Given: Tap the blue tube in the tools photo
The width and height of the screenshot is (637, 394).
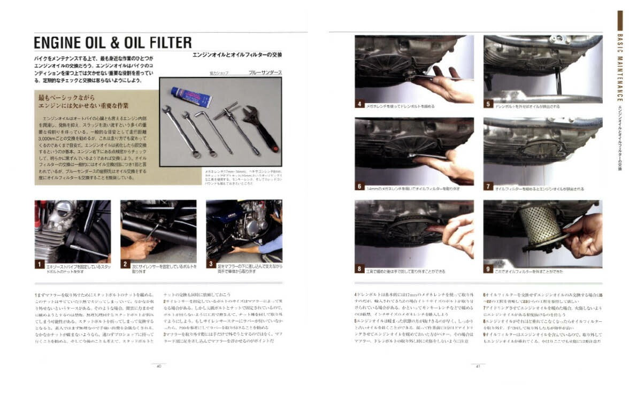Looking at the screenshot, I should pos(191,97).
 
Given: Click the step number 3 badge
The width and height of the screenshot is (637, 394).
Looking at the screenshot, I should pos(211,264).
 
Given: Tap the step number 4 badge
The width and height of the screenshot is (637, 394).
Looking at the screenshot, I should pos(360,104).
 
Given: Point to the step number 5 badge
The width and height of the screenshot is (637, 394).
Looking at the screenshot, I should pos(488,104).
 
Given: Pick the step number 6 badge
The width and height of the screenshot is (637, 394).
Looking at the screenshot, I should pos(360,187).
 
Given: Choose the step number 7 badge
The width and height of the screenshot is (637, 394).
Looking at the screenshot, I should pos(488,187).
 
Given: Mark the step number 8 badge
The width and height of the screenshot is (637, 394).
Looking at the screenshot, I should pos(360,269).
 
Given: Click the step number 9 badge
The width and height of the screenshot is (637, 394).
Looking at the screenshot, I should pos(488,269).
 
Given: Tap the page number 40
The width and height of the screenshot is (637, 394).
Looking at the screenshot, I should pos(159,366).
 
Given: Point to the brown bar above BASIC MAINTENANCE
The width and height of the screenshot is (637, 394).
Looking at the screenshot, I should pos(620,20).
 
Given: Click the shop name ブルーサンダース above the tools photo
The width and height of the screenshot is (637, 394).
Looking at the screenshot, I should pos(265,72).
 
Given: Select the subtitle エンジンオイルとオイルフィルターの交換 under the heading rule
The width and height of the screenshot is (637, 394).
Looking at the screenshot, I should pos(237,55).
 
